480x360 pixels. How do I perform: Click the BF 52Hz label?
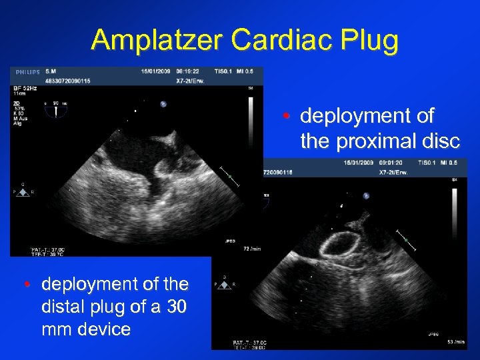25,87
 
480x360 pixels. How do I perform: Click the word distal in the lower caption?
60,307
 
